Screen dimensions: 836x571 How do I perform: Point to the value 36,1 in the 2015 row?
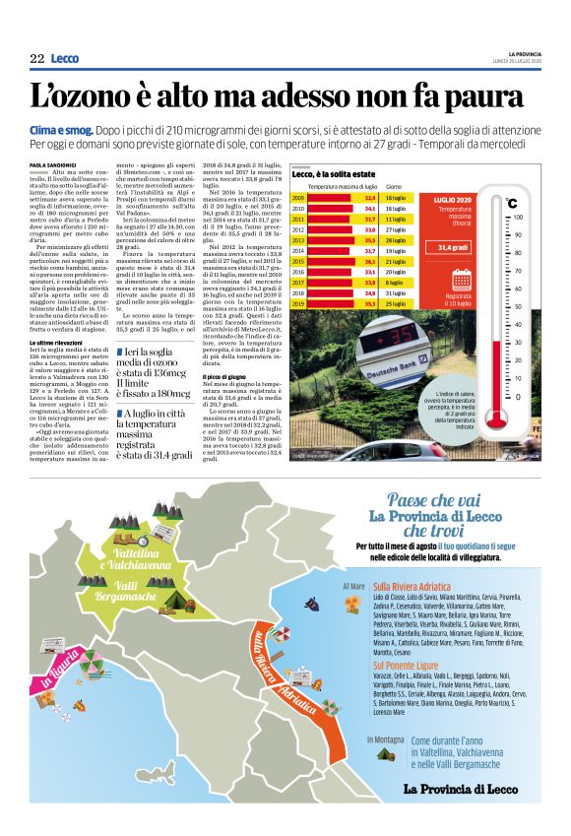click(x=370, y=262)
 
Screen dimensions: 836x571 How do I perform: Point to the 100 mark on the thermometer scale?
click(x=518, y=217)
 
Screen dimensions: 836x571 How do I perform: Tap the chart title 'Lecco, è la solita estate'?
click(x=340, y=173)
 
